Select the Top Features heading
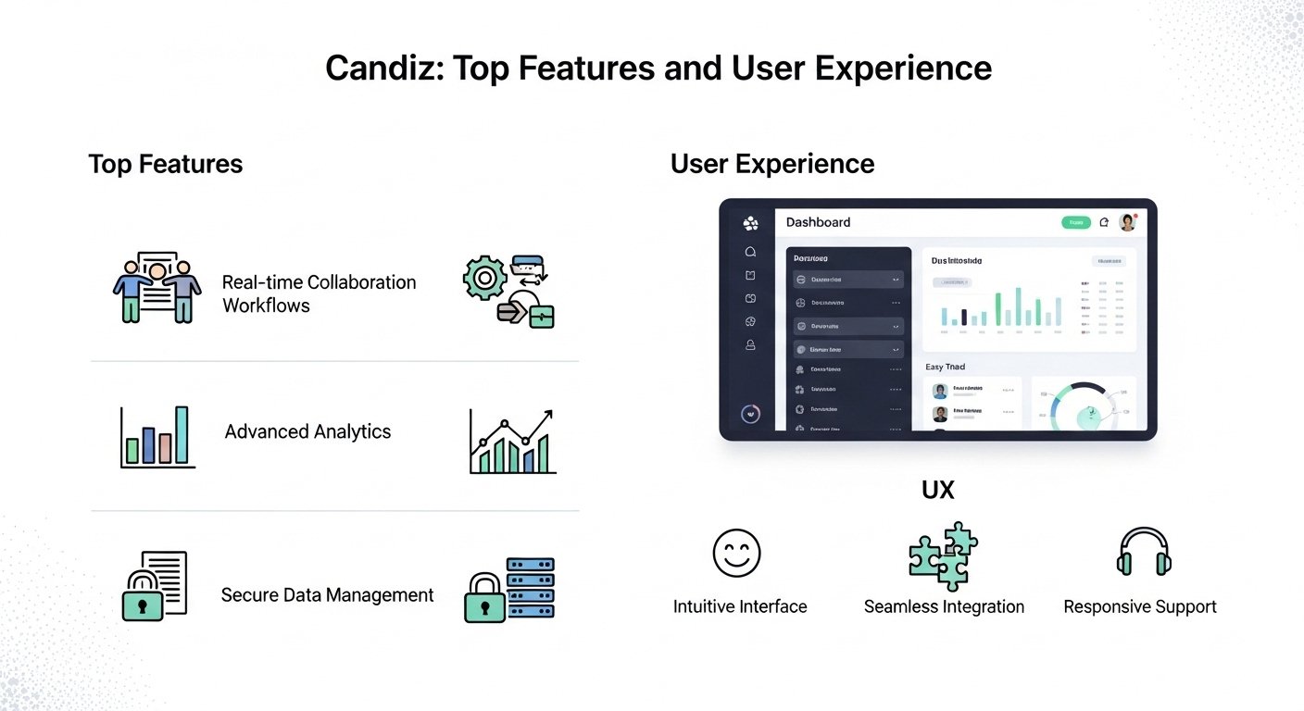[165, 165]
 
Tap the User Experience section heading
[771, 165]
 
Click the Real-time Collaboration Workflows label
[319, 293]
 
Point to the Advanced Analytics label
[307, 431]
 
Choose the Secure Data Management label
[327, 595]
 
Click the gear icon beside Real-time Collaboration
[484, 277]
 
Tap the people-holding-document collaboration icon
[157, 286]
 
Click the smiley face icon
[736, 553]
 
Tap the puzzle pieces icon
[943, 555]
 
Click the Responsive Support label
[1139, 607]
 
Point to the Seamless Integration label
[944, 607]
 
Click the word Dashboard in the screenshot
[818, 222]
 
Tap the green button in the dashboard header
[1076, 222]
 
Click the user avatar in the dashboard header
[1127, 222]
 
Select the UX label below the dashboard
[937, 491]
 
